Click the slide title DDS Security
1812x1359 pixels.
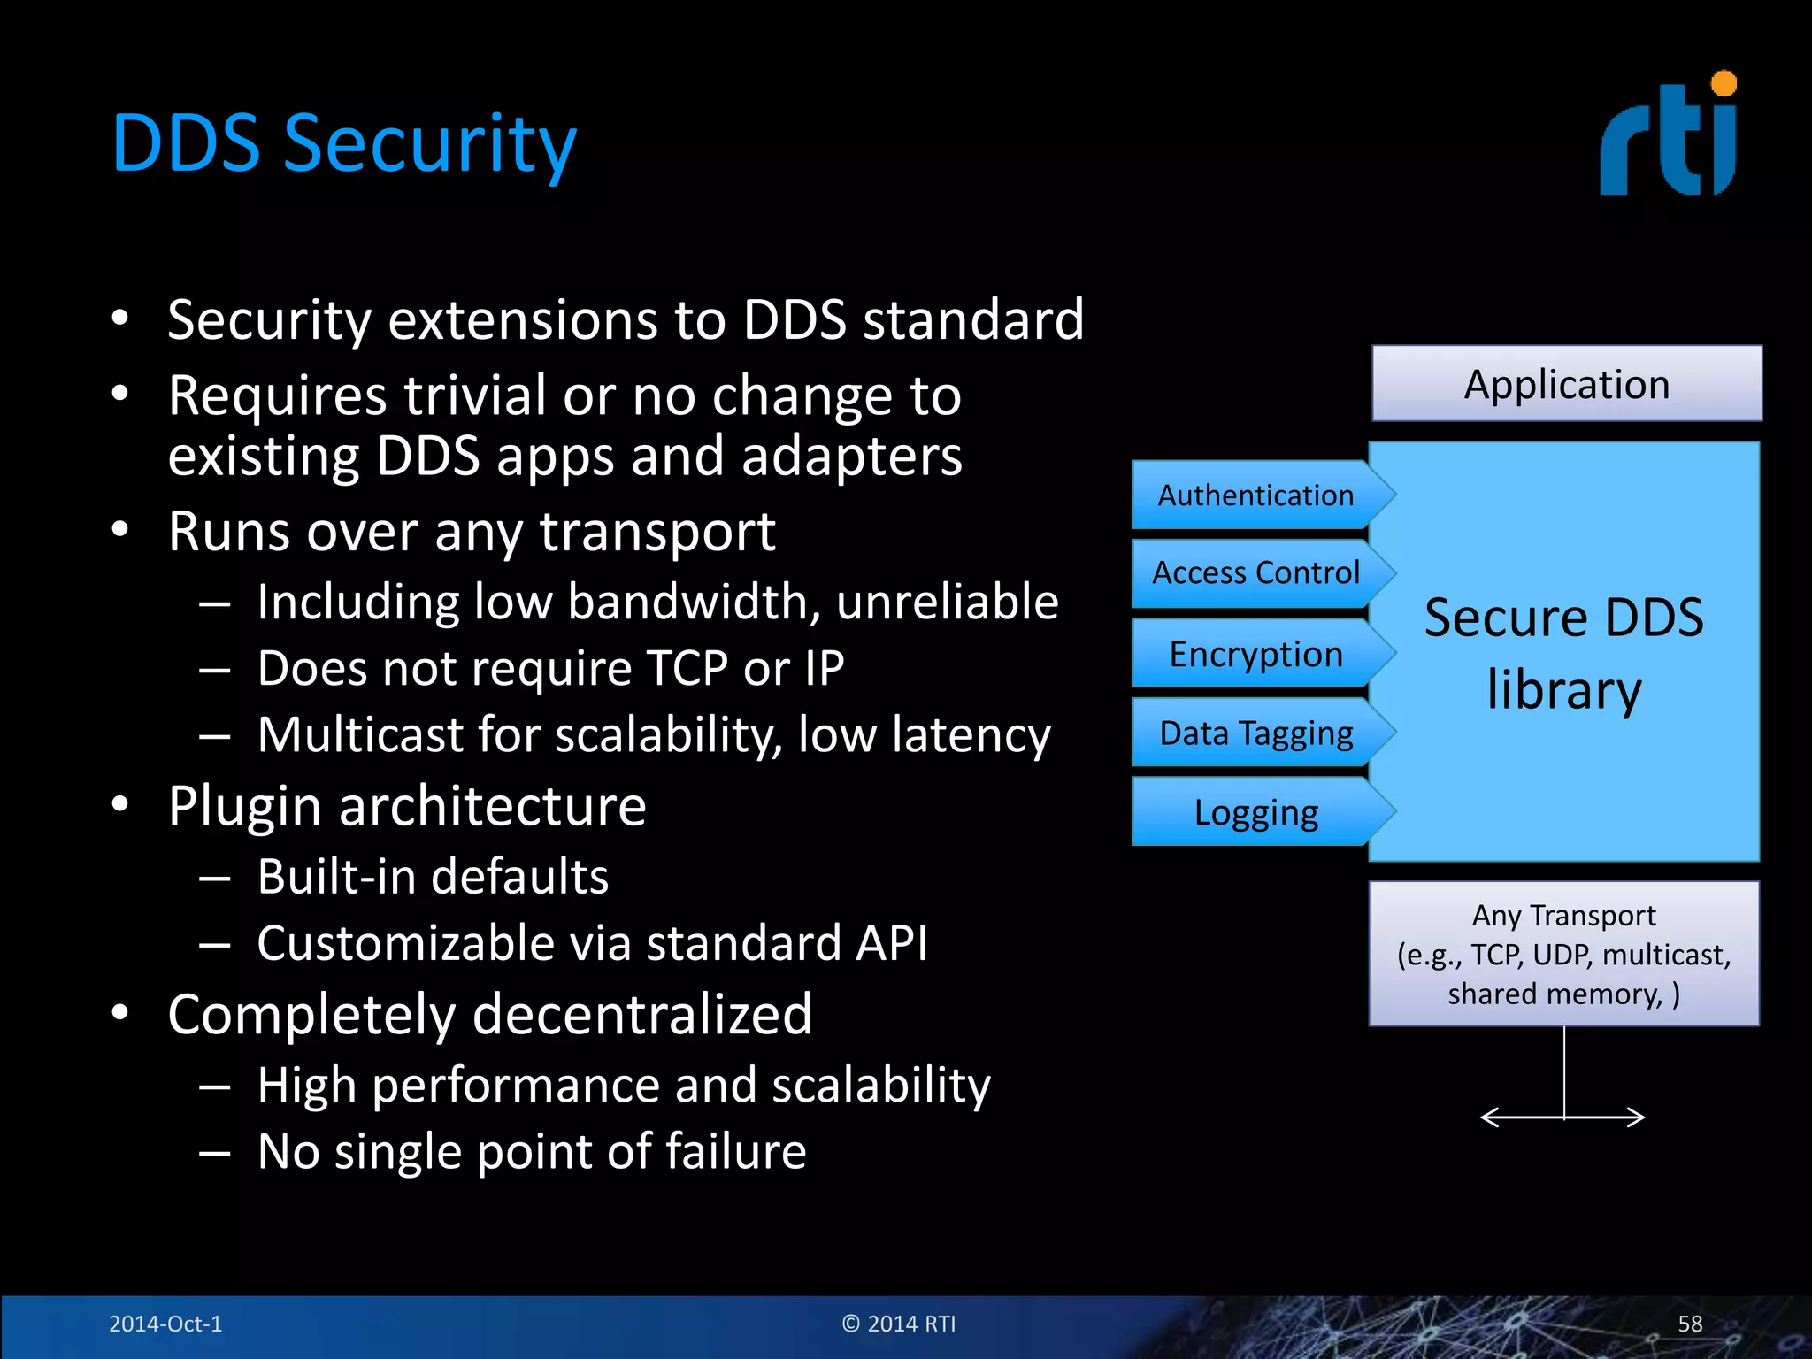[x=343, y=145]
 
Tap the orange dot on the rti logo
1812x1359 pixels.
[x=1724, y=84]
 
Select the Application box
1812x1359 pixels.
[x=1566, y=384]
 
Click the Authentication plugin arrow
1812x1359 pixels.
[x=1255, y=495]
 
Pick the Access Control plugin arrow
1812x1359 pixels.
[x=1255, y=573]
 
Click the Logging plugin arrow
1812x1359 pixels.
[x=1255, y=812]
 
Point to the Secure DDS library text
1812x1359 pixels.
[x=1563, y=653]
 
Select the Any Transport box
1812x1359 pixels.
[x=1563, y=954]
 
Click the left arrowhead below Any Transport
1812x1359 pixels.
[x=1486, y=1117]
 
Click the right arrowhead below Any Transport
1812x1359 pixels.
[x=1639, y=1117]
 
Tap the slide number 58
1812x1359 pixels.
[x=1689, y=1324]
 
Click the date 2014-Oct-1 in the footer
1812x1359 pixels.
[x=165, y=1324]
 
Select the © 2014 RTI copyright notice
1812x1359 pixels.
[x=898, y=1324]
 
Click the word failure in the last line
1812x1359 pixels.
[x=735, y=1152]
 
